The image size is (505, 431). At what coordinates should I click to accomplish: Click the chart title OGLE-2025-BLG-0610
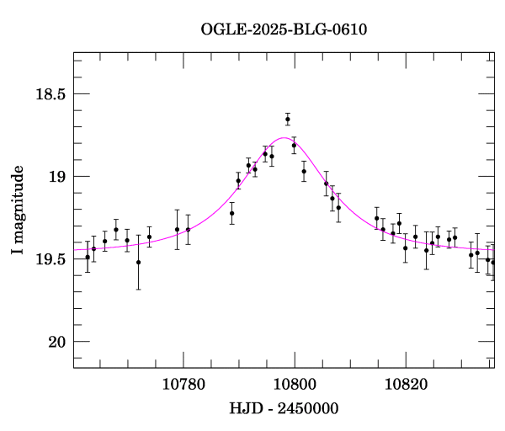coord(284,29)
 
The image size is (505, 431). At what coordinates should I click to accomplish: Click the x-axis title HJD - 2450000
coord(284,408)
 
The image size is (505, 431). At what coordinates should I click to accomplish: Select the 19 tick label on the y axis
coord(56,177)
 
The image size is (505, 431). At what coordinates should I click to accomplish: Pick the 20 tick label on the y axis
coord(56,342)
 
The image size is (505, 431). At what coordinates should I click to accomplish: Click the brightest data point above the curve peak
coord(288,120)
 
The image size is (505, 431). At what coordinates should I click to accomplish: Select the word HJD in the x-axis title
coord(245,408)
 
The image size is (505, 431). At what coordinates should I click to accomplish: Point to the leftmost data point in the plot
coord(88,257)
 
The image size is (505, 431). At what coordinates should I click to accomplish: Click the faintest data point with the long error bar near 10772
coord(138,262)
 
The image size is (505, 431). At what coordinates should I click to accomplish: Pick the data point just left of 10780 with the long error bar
coord(177,229)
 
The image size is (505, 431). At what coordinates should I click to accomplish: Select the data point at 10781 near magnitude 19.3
coord(188,229)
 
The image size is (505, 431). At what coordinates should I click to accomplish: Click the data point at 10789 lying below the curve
coord(231,213)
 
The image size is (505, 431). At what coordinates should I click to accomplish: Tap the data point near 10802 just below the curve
coord(304,172)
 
